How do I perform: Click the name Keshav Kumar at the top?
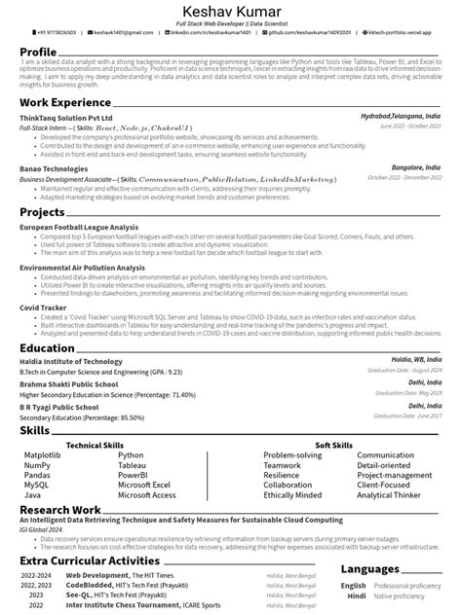231,10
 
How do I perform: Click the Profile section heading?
38,52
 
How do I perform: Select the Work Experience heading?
66,101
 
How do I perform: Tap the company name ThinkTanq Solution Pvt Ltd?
65,116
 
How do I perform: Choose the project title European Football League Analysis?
87,225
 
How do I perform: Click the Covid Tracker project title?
43,307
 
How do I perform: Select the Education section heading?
48,348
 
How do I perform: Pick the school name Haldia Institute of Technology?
71,362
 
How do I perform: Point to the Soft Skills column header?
334,444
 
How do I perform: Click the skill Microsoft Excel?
144,485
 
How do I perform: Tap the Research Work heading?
59,509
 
